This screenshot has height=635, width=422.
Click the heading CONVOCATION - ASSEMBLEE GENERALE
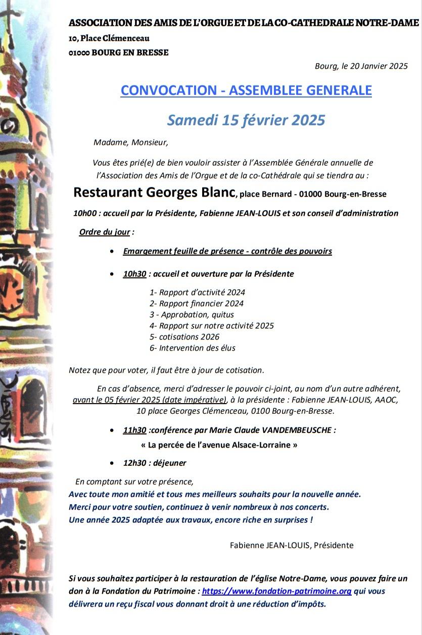click(246, 90)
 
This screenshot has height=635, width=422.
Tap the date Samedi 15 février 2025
click(246, 120)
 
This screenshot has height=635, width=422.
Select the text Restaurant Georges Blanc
click(154, 192)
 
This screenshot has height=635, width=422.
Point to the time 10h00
click(84, 213)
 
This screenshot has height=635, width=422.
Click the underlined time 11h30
click(134, 430)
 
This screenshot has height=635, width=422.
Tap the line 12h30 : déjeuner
click(155, 463)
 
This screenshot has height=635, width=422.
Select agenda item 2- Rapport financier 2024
click(197, 304)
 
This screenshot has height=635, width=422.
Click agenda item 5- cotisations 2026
click(184, 337)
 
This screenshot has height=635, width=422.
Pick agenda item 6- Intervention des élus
click(193, 348)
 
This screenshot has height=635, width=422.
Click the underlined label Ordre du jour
click(105, 232)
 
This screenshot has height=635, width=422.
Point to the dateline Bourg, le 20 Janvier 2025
click(361, 66)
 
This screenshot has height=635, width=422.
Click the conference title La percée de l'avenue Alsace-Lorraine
click(219, 446)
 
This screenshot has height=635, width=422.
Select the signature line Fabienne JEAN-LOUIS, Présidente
click(292, 545)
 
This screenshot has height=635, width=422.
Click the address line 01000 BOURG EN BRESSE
click(119, 53)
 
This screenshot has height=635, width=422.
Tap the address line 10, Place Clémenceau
click(109, 38)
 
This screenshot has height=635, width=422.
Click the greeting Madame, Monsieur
click(131, 142)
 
